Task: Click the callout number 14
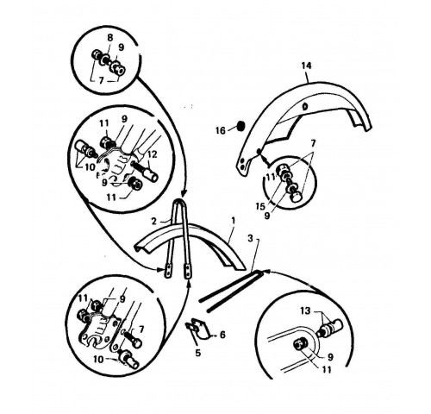coord(306,66)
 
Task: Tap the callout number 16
coord(221,131)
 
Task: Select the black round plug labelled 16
coord(240,126)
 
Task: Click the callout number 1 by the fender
coord(233,221)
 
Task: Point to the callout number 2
coord(154,222)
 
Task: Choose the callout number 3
coord(251,239)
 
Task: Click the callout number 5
coord(197,353)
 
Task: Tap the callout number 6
coord(222,335)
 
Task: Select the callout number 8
coord(110,38)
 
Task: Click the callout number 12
coord(153,154)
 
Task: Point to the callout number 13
coord(305,310)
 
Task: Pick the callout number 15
coord(260,206)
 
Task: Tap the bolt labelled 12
coord(144,171)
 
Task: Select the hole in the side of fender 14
coord(305,107)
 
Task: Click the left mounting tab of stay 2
coord(167,272)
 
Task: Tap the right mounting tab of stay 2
coord(187,272)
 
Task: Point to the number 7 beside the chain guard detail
coord(313,143)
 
